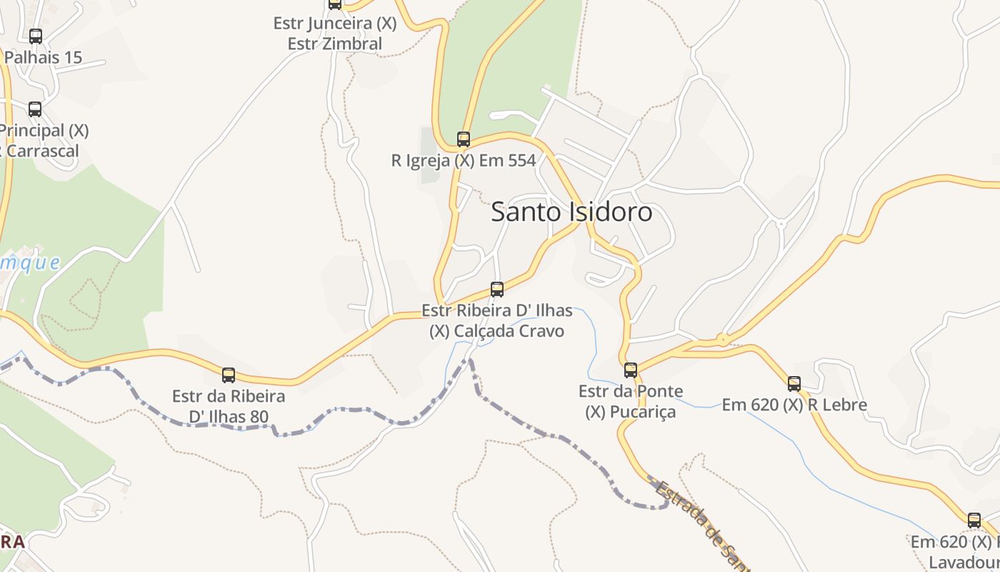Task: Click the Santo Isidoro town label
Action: click(x=571, y=212)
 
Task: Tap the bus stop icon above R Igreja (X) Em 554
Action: click(x=464, y=139)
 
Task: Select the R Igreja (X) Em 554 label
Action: click(x=464, y=161)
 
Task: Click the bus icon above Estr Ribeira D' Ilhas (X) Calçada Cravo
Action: click(x=497, y=290)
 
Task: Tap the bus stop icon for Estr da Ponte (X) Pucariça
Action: click(x=631, y=370)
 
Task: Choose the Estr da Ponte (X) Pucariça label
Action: click(x=631, y=402)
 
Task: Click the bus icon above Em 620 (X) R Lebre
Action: click(x=794, y=384)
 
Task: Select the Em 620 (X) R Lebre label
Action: click(x=794, y=405)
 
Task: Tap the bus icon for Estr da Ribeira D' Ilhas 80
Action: click(x=229, y=375)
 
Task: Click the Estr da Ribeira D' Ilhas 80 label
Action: click(x=229, y=406)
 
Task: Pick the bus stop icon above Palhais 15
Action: click(x=36, y=36)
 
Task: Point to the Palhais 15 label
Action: click(x=43, y=57)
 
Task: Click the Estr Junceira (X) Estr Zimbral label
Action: click(x=335, y=34)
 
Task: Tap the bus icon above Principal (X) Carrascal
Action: click(x=35, y=109)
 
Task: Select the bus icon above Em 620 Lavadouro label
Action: click(x=974, y=521)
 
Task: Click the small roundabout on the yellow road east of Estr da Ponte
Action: click(x=723, y=339)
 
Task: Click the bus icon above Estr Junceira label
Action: click(x=335, y=4)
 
